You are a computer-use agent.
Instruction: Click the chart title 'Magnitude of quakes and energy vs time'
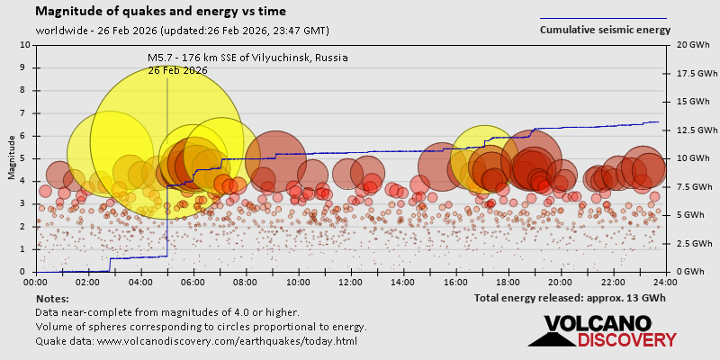click(x=161, y=12)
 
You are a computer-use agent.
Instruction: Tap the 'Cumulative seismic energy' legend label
click(x=605, y=30)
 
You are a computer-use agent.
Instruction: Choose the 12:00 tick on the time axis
click(x=351, y=282)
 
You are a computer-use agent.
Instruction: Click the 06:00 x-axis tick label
click(x=193, y=282)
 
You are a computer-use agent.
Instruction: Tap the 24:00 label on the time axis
click(x=665, y=282)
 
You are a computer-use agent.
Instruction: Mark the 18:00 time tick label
click(x=508, y=282)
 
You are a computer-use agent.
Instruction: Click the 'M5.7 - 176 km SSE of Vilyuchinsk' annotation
click(x=247, y=58)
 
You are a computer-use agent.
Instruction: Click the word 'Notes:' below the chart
click(x=53, y=298)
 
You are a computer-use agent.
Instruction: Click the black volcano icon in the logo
click(x=551, y=335)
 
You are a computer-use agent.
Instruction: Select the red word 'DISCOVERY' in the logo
click(x=626, y=340)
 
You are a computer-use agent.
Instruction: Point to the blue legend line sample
click(x=603, y=17)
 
